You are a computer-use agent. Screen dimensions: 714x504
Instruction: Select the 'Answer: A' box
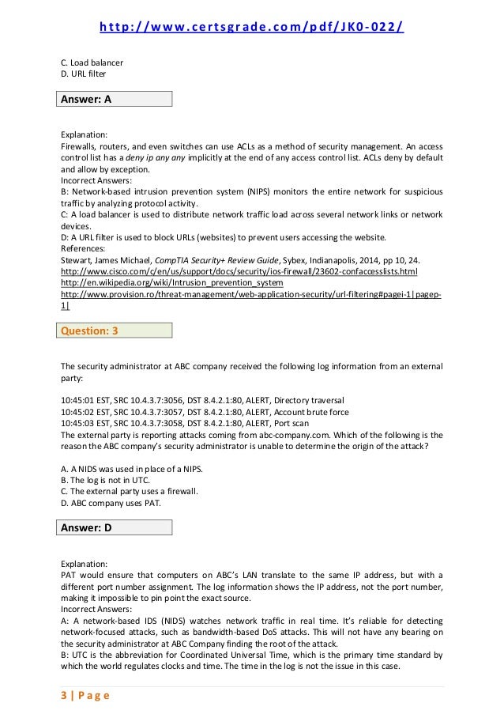click(x=115, y=99)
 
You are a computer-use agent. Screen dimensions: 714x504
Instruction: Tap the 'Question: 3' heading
click(x=115, y=331)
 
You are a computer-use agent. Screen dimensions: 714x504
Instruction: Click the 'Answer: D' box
click(x=115, y=528)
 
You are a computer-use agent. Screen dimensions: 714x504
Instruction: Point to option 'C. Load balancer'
click(x=92, y=62)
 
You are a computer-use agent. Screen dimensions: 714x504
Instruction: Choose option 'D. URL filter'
click(x=83, y=74)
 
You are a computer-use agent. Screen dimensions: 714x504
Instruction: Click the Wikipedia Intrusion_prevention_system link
click(x=171, y=282)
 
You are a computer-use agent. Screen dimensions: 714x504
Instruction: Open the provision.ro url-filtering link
click(x=250, y=294)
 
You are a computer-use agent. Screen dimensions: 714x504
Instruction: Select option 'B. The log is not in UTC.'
click(x=107, y=480)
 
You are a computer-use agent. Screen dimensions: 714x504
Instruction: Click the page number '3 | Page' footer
click(x=83, y=696)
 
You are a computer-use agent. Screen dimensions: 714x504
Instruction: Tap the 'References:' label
click(x=85, y=247)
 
